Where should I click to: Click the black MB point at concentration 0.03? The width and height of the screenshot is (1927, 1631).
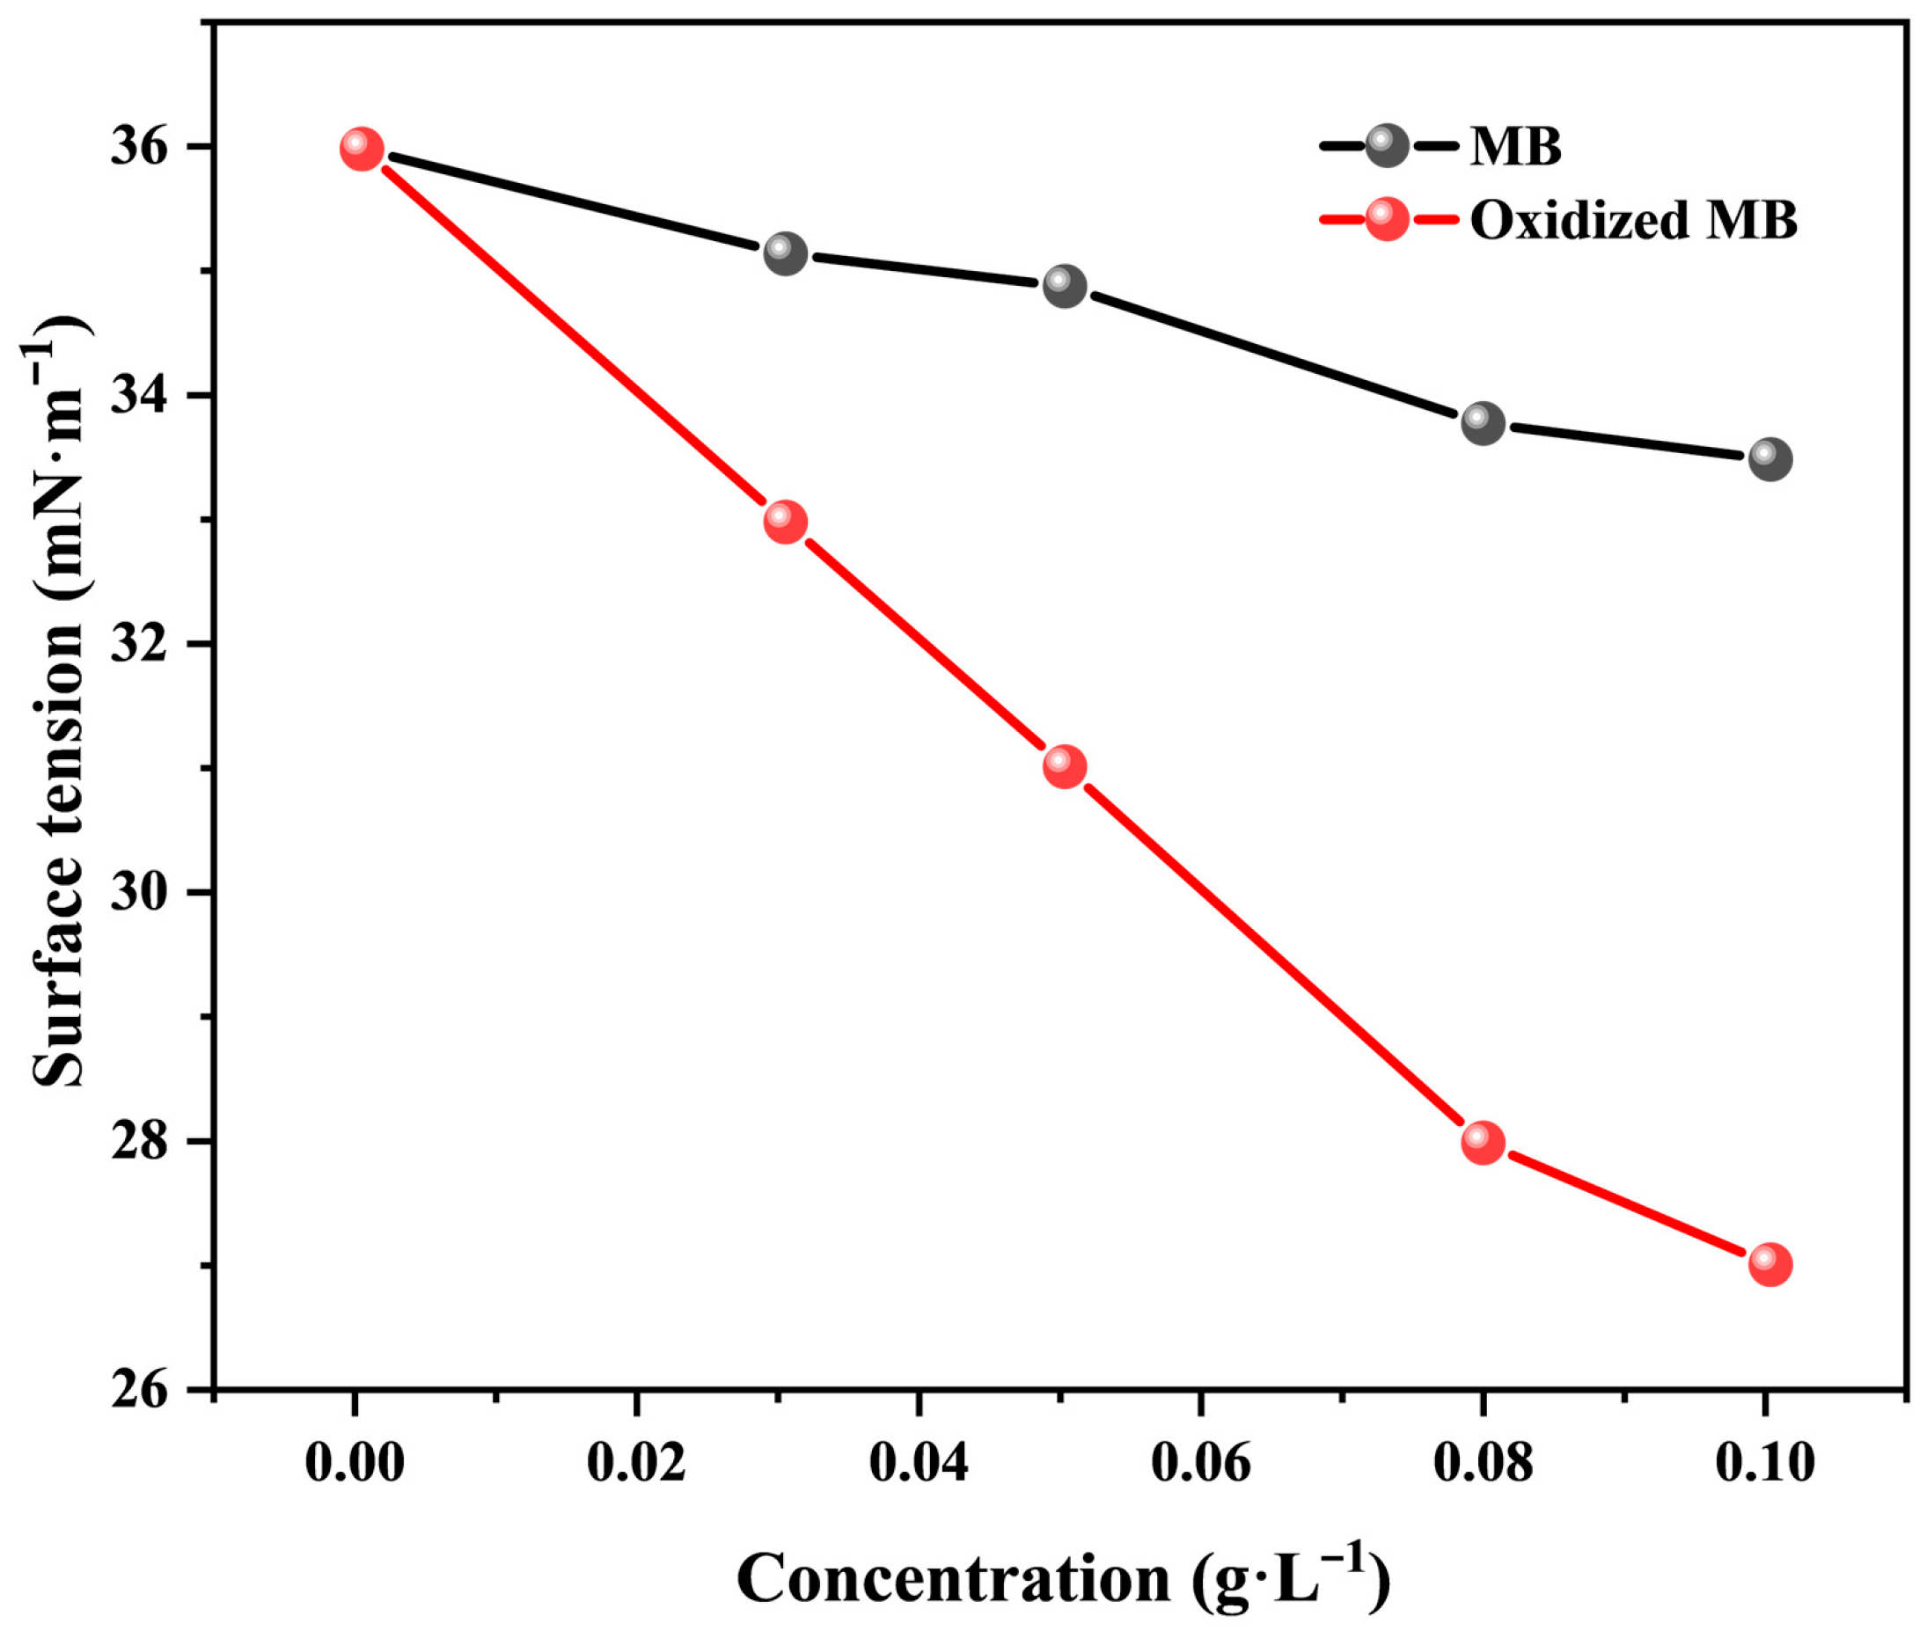(785, 253)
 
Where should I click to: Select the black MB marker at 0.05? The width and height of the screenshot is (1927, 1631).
(1065, 286)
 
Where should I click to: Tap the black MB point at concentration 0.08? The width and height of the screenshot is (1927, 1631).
(1484, 423)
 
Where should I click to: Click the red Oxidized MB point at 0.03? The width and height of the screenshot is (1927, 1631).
(785, 523)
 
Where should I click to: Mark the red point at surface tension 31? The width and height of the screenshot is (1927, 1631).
(1065, 766)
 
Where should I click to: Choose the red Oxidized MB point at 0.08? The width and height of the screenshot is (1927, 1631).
(1484, 1143)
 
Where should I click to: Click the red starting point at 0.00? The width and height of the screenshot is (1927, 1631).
(362, 149)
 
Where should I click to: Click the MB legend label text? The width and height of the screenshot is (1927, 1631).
(1515, 147)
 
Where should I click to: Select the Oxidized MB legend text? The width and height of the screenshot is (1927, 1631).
(1633, 221)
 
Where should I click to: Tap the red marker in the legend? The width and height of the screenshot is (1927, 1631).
(1386, 219)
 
